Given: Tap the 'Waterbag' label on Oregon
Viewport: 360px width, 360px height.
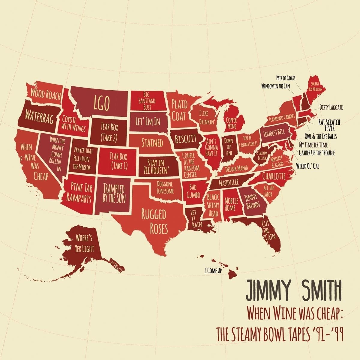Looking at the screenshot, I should pos(39,117).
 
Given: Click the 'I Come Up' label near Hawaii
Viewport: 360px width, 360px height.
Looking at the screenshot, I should pos(213,272).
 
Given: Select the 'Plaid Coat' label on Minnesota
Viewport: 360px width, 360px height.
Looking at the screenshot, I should pos(179,110).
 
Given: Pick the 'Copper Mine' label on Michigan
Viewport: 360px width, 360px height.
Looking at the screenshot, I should pos(231,123).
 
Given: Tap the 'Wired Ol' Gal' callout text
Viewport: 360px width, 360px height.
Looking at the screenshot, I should pos(307,165).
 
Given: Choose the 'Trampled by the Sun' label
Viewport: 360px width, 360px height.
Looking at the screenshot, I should pos(114,194).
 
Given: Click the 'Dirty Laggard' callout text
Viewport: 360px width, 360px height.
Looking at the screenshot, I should pos(331,107).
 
